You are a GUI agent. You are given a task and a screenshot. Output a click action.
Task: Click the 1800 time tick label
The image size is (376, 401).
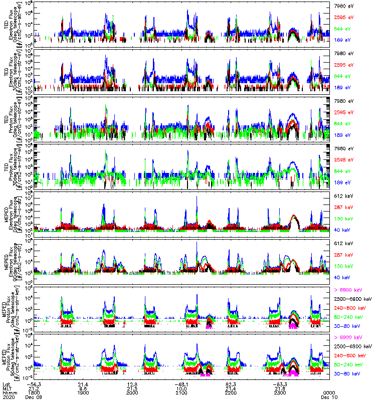pyautogui.click(x=33, y=392)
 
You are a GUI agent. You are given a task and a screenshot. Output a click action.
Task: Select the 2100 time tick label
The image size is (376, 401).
pyautogui.click(x=181, y=392)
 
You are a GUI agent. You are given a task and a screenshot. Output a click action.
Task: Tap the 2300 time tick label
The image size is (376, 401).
pyautogui.click(x=280, y=392)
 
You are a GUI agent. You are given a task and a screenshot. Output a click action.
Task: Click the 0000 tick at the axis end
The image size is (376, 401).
pyautogui.click(x=329, y=392)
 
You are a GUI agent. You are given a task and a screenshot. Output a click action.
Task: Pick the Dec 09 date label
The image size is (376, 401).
pyautogui.click(x=33, y=397)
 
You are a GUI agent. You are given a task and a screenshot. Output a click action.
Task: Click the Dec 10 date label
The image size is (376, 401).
pyautogui.click(x=329, y=397)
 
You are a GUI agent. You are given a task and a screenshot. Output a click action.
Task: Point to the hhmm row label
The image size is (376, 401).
pyautogui.click(x=8, y=392)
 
